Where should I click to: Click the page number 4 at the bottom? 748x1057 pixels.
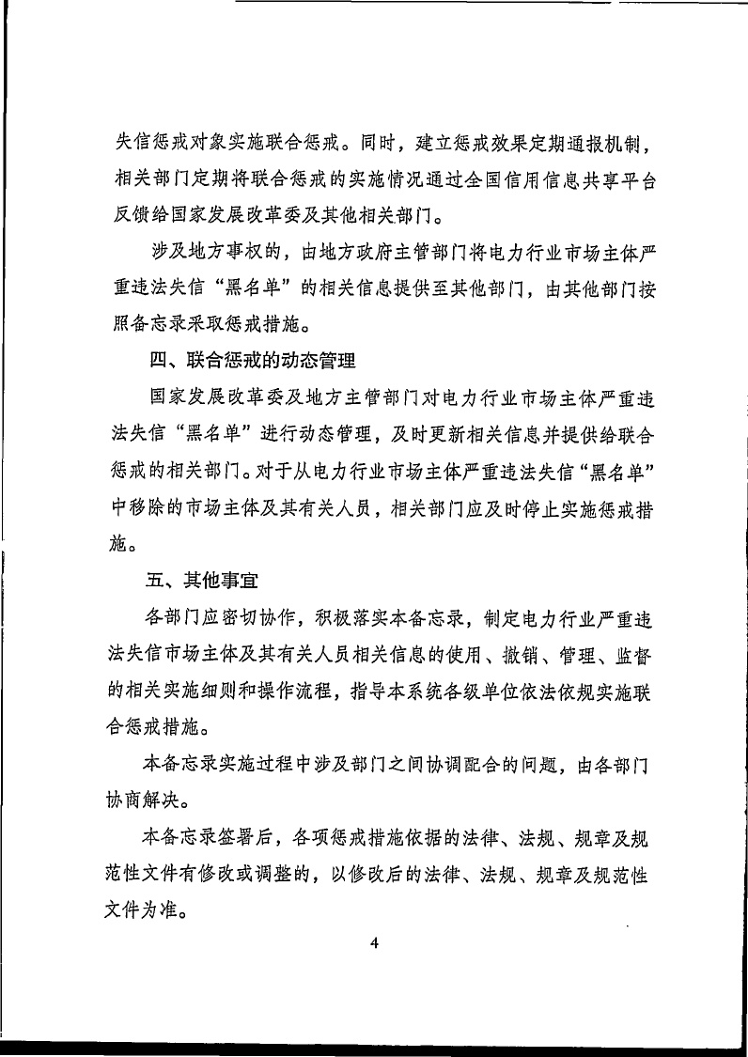[373, 945]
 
